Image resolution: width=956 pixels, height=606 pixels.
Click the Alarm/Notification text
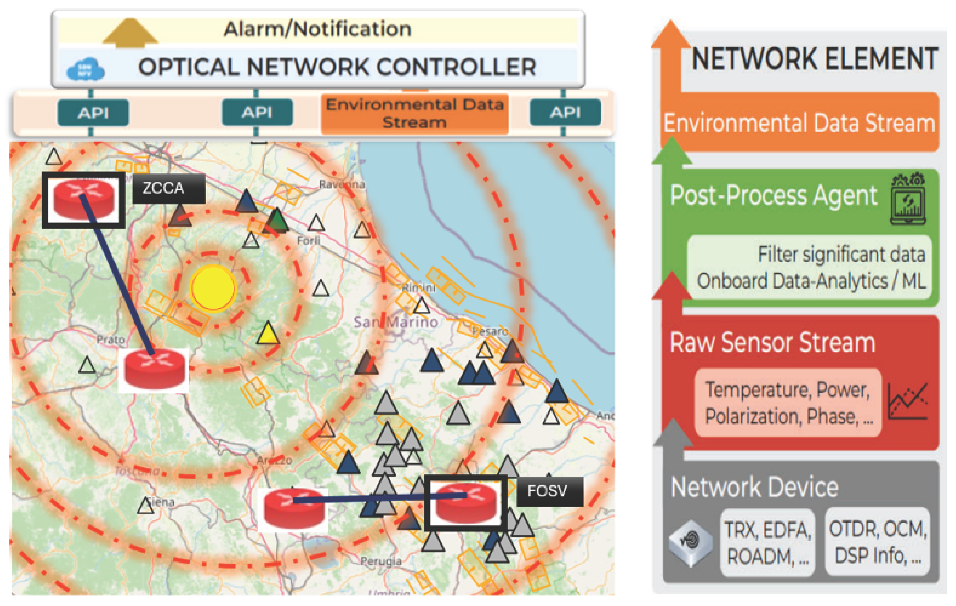pos(317,29)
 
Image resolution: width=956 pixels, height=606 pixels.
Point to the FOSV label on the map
pos(549,491)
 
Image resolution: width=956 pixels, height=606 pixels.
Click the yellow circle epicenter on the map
pos(213,288)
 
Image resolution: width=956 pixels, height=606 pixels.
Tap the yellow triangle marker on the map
pos(268,334)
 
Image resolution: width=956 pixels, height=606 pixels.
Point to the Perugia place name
pos(381,561)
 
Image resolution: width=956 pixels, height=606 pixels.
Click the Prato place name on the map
pos(111,340)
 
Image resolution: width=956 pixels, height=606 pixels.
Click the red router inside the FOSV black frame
pos(465,502)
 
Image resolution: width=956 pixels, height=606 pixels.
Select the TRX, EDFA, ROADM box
pos(767,542)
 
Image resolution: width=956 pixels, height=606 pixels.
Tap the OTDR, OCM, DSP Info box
pos(878,542)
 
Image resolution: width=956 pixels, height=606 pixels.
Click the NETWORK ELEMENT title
pos(814,58)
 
